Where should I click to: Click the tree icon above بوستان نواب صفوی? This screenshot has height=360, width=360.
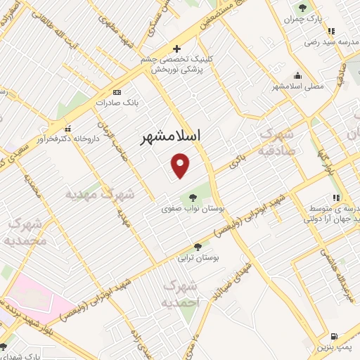[x=193, y=198]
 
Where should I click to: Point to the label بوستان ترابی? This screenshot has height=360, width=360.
[x=200, y=258]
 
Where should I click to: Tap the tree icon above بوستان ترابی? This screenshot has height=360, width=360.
[x=198, y=247]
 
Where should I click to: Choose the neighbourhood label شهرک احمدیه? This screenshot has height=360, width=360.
[x=181, y=294]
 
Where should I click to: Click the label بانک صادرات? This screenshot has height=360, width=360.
[x=116, y=103]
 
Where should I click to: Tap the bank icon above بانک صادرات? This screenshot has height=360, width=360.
[x=117, y=92]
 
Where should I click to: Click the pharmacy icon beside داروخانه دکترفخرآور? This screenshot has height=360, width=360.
[x=68, y=129]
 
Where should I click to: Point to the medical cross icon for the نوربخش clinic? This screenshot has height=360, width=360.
[x=176, y=49]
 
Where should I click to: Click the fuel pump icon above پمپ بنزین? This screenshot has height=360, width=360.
[x=334, y=335]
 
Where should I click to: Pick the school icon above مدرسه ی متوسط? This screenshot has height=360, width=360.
[x=336, y=198]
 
